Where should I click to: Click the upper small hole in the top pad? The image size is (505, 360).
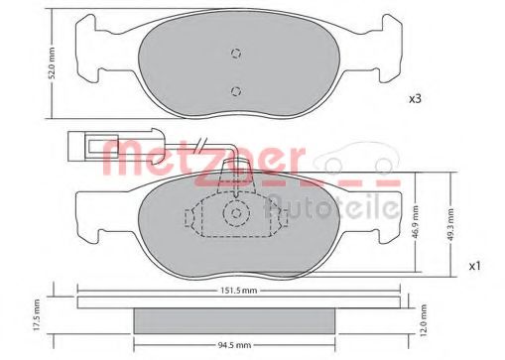[x=235, y=55]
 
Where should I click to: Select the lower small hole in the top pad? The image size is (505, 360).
[x=235, y=92]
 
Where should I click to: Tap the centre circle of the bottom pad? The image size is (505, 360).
[x=235, y=212]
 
